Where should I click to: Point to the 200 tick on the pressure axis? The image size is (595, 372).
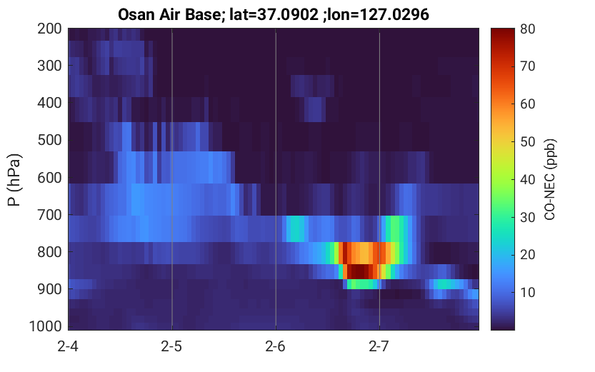tap(50, 29)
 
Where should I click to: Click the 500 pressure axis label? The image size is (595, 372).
tap(50, 141)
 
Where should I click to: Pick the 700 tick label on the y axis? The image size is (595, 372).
tap(50, 215)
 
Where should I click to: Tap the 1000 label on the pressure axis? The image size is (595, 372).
tap(46, 326)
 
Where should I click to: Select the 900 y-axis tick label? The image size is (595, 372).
tap(50, 289)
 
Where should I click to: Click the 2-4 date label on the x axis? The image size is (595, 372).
tap(68, 346)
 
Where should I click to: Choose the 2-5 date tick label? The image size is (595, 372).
tap(171, 346)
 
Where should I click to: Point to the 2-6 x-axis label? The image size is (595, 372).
tap(276, 346)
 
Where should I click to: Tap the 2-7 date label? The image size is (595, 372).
tap(379, 346)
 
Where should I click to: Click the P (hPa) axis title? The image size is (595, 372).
tap(14, 180)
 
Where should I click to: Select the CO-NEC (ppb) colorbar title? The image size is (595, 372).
tap(550, 179)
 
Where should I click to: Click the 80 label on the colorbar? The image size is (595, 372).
tap(527, 29)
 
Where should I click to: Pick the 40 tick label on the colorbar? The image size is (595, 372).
tap(527, 179)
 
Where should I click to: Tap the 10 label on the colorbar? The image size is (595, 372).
tap(527, 292)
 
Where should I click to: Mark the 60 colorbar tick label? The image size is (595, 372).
tap(527, 104)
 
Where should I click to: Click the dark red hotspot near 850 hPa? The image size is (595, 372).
tap(358, 271)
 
